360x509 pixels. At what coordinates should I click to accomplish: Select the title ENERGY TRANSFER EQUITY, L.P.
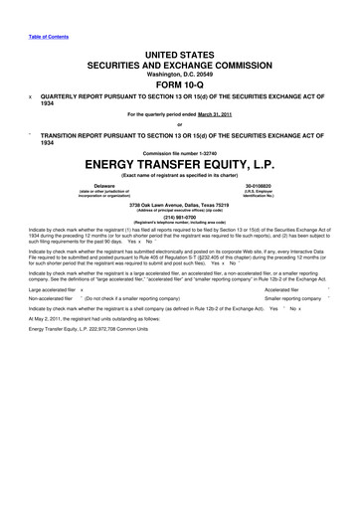click(180, 160)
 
